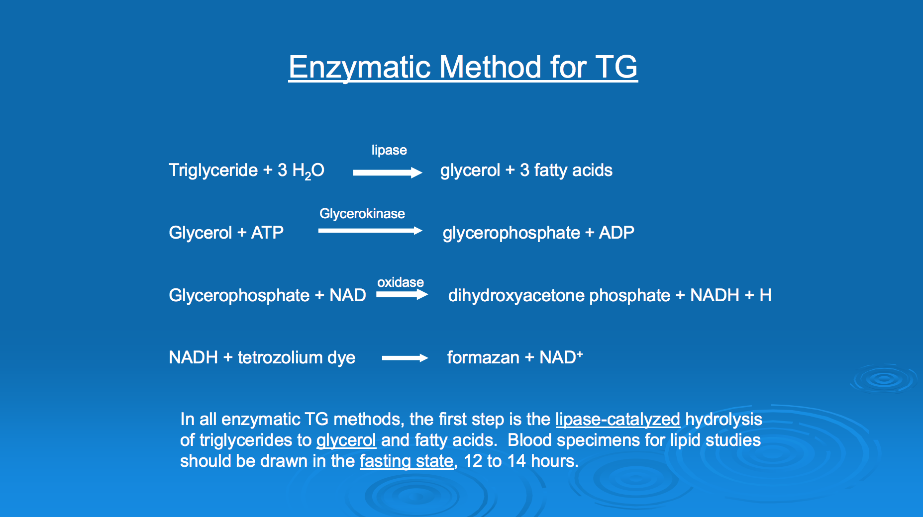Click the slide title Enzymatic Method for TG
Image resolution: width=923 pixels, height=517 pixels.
click(x=463, y=67)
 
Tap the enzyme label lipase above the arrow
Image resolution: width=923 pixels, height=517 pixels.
click(x=389, y=150)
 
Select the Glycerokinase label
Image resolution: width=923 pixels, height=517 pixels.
click(x=362, y=214)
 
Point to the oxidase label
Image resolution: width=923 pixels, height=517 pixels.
click(x=401, y=282)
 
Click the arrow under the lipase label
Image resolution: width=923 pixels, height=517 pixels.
click(x=388, y=172)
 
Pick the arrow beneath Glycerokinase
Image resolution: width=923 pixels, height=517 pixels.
click(x=370, y=231)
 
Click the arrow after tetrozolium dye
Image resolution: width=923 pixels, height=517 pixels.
click(x=405, y=358)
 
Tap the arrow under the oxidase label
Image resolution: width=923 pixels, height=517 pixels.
click(x=402, y=295)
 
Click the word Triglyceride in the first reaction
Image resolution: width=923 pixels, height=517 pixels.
click(x=213, y=171)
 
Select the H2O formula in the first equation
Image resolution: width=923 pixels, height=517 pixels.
click(x=308, y=171)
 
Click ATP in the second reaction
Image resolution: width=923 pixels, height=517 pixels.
click(x=267, y=233)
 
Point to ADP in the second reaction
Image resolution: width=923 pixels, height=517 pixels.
click(x=616, y=233)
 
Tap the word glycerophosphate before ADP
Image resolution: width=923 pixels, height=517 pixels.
click(x=512, y=233)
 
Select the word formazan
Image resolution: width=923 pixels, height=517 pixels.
click(x=483, y=357)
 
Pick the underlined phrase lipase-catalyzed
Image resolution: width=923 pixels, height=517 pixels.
click(x=617, y=420)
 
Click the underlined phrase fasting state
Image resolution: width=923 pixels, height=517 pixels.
click(x=407, y=461)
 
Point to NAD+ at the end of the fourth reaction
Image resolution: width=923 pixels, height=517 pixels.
click(x=561, y=357)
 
